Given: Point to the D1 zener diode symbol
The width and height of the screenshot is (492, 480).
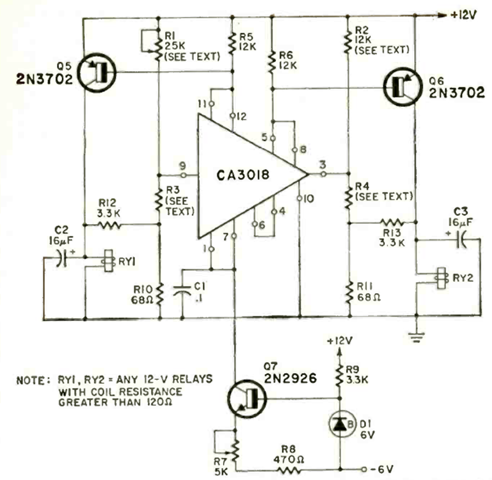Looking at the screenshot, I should pos(338,424).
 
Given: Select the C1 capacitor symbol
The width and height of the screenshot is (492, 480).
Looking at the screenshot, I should pos(183,290).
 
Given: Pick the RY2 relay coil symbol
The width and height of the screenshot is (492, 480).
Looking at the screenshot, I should pos(442,278).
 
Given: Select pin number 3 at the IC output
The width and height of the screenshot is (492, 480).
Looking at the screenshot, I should pos(322,165).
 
